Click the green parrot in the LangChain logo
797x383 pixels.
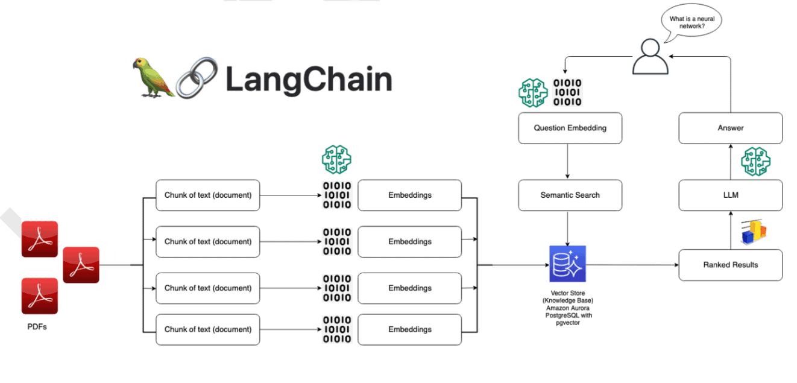coord(153,77)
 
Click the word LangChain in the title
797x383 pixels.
coord(309,79)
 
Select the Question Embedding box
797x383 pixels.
coord(570,128)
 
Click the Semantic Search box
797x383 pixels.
coord(570,195)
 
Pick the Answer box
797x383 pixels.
coord(730,128)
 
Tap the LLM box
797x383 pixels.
coord(730,195)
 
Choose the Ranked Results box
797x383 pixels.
coord(730,265)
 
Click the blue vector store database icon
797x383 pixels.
coord(567,264)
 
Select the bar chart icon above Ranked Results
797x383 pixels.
coord(753,232)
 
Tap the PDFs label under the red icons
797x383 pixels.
coord(37,326)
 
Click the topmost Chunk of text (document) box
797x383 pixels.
coord(207,195)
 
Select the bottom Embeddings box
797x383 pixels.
coord(410,329)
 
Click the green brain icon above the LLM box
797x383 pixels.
coord(755,161)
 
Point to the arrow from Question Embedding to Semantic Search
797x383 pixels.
coord(567,162)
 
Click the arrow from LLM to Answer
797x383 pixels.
coord(730,162)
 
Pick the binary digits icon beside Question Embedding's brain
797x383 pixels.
coord(567,92)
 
